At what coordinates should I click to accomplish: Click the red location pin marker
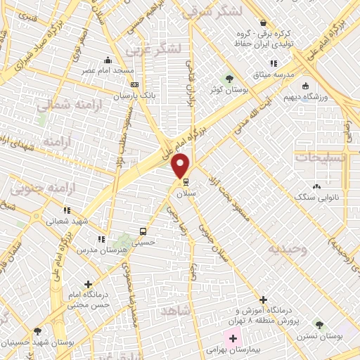click(x=181, y=166)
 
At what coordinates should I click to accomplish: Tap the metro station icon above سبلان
click(x=186, y=181)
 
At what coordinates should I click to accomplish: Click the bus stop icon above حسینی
click(x=143, y=231)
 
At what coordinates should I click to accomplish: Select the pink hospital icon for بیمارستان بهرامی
click(x=233, y=339)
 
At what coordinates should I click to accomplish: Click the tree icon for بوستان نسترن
click(x=320, y=326)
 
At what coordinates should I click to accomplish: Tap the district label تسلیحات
click(x=321, y=157)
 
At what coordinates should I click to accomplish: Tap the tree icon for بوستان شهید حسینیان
click(x=37, y=330)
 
